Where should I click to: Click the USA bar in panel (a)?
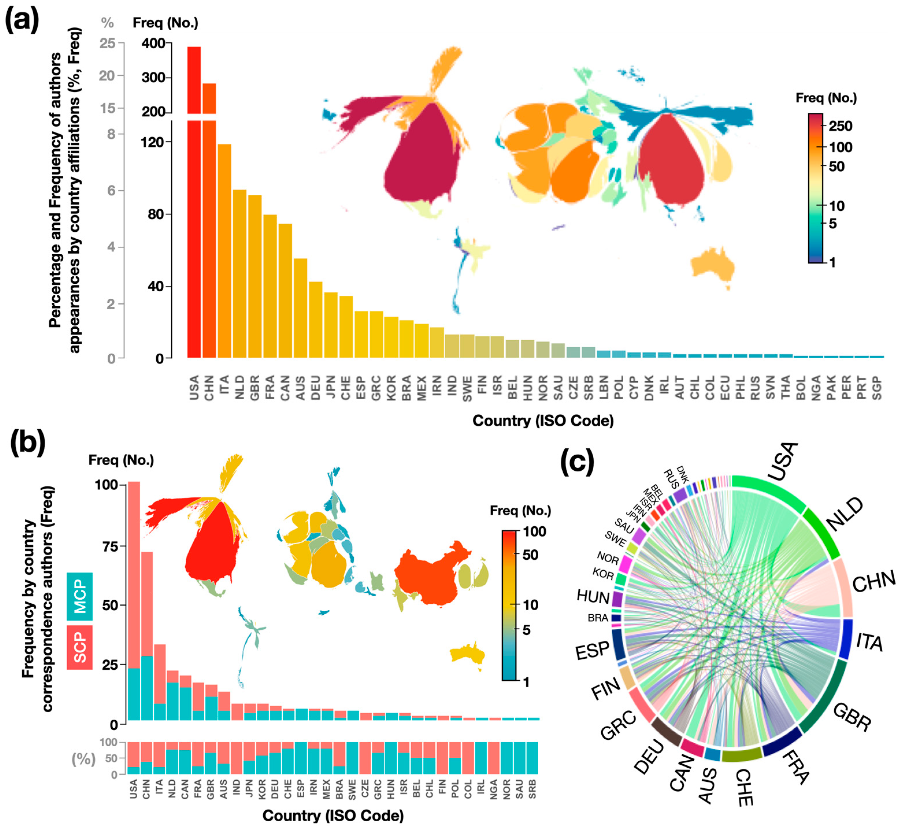tap(194, 202)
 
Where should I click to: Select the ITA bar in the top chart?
tap(224, 251)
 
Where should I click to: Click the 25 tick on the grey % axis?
tap(107, 43)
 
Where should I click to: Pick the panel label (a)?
tap(21, 20)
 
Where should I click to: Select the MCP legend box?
tap(80, 596)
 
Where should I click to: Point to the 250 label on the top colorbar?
tap(840, 126)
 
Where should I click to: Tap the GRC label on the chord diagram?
tap(618, 726)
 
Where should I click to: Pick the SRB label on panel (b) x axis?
tap(532, 789)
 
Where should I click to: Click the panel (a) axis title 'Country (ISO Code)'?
tap(543, 420)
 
